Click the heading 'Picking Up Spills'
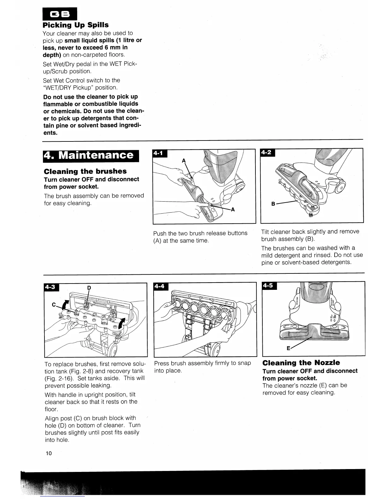[76, 25]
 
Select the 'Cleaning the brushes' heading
[85, 171]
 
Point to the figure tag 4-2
[267, 152]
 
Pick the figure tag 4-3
[51, 287]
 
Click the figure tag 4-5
[269, 285]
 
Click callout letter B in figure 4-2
[273, 204]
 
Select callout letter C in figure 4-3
[54, 305]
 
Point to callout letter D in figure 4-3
[89, 288]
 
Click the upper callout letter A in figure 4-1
[184, 161]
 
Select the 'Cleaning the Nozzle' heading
[301, 363]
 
